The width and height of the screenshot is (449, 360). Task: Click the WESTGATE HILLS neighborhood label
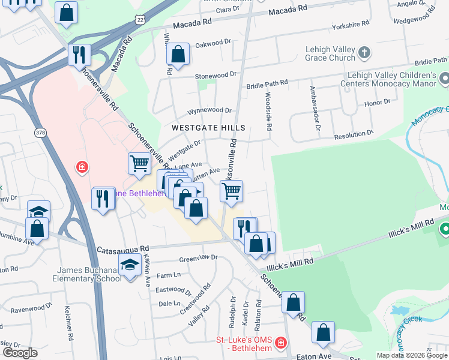(208, 128)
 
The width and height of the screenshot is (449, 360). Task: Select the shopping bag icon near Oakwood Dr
(178, 55)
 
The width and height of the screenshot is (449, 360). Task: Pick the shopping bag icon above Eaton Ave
(323, 333)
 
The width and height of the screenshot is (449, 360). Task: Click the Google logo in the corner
(20, 353)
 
